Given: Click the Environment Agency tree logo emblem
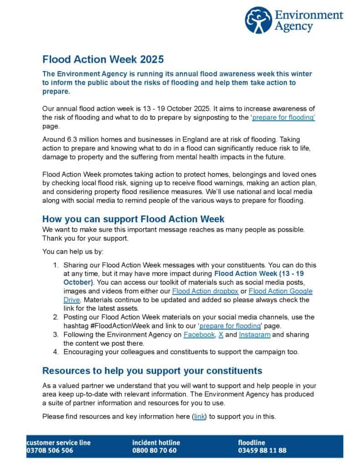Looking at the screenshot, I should pos(258,20).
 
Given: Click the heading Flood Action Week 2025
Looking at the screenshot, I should pos(102,60).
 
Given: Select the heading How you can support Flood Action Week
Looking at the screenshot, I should pos(133,219).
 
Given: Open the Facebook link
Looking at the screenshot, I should pos(199,334).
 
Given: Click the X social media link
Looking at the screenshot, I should pos(221,334).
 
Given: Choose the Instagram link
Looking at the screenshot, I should pos(254,334).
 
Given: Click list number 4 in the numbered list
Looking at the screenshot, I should pos(55,352).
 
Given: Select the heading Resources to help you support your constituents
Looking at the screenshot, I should pos(152,370).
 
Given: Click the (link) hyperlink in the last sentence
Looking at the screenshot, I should pos(199,416).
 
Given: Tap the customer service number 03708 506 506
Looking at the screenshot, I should pos(50,451).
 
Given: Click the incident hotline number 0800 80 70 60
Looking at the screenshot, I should pos(154,451).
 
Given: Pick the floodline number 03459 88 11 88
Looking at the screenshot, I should pos(262,451).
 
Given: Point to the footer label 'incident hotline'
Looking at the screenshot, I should pos(156,442).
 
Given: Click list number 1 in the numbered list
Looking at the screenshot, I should pos(55,265).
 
